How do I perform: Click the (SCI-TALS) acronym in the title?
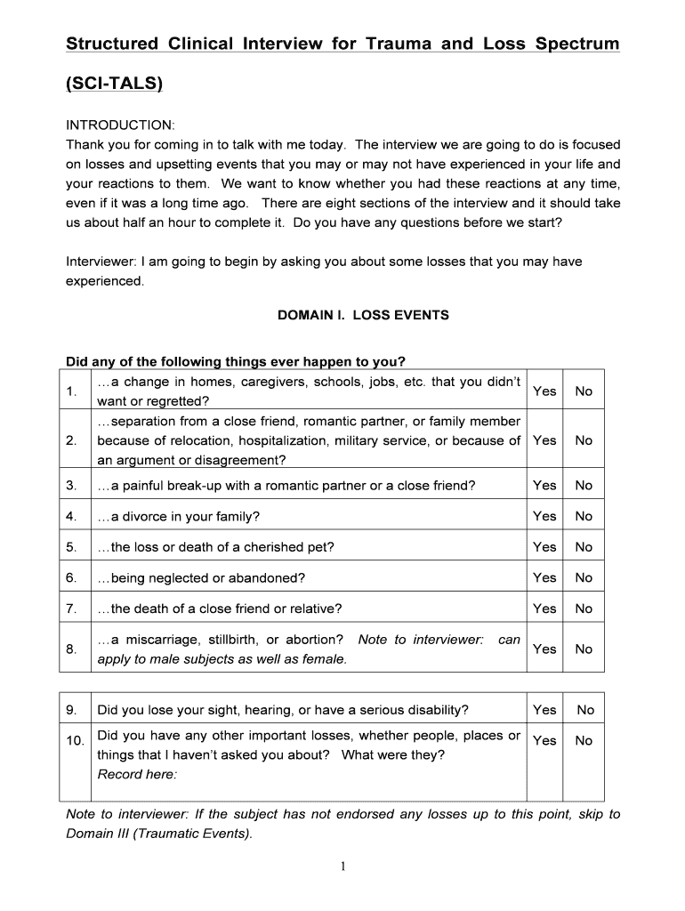tap(115, 85)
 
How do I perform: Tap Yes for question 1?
tap(544, 391)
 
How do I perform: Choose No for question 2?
tap(584, 440)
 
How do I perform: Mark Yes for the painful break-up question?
tap(544, 486)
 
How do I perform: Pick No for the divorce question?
tap(584, 516)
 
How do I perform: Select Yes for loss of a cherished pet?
tap(544, 547)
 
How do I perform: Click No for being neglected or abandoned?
tap(584, 577)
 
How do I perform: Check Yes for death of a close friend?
tap(544, 609)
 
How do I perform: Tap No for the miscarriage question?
tap(584, 649)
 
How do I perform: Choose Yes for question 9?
tap(544, 710)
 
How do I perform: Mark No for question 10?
tap(584, 741)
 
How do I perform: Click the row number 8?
tap(71, 649)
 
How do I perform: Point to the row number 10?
tap(74, 741)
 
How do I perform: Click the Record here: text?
tap(137, 774)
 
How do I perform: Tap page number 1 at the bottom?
tap(342, 869)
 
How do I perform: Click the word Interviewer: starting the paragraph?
tap(101, 262)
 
